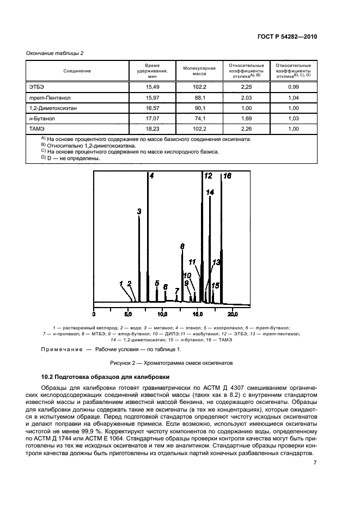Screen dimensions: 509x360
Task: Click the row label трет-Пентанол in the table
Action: [x=48, y=98]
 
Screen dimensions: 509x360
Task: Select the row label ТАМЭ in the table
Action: [x=36, y=129]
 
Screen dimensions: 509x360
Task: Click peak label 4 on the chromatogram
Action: [x=152, y=176]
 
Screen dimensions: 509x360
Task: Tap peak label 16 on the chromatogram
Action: [x=227, y=176]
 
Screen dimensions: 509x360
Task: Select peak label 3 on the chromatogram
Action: [x=139, y=211]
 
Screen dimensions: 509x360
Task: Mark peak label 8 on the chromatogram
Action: [x=182, y=246]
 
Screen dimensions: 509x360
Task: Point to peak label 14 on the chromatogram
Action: [x=210, y=192]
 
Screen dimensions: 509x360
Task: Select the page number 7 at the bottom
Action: [x=315, y=463]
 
